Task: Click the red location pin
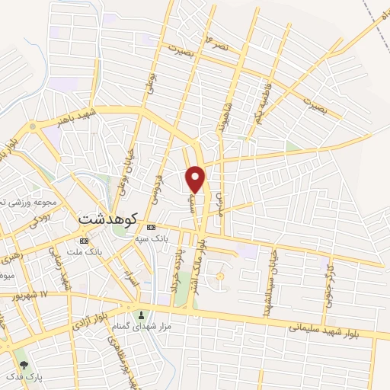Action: (x=197, y=179)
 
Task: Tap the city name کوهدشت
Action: (x=107, y=219)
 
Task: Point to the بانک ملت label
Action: (x=84, y=251)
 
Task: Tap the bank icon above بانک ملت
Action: (x=84, y=240)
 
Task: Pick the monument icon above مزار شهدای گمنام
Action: (x=139, y=315)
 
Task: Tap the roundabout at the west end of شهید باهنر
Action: (x=32, y=126)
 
